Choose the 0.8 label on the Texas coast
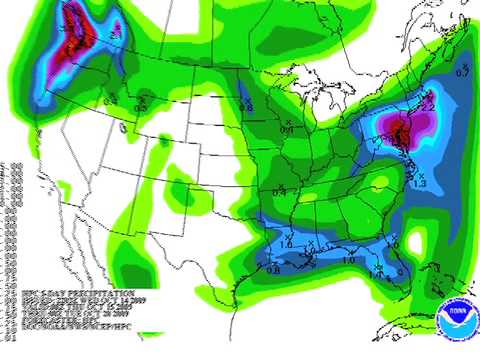click(272, 267)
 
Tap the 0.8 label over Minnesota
click(246, 106)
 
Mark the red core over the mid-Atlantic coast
click(401, 130)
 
